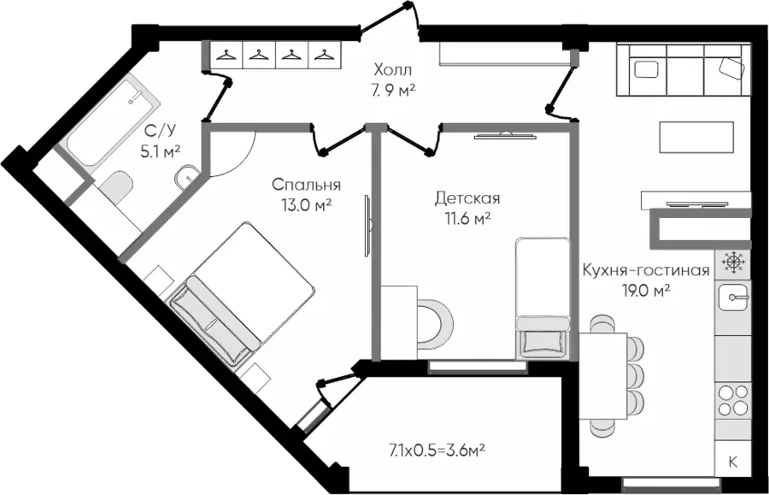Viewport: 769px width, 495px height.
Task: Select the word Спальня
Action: pyautogui.click(x=307, y=185)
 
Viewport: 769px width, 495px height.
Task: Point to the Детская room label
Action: pyautogui.click(x=467, y=198)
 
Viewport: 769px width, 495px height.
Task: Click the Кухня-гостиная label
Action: pyautogui.click(x=646, y=271)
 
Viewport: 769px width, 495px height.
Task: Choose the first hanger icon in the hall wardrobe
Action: pyautogui.click(x=226, y=56)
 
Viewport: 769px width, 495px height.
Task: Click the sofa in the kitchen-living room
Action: pyautogui.click(x=684, y=72)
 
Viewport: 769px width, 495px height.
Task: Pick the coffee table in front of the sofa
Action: pyautogui.click(x=696, y=137)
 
